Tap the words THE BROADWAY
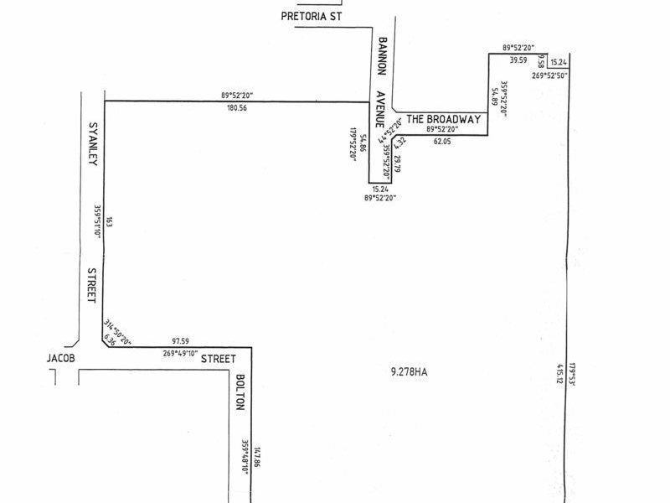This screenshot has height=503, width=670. (444, 119)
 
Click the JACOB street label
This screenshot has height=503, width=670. (61, 358)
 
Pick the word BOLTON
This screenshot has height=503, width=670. (239, 392)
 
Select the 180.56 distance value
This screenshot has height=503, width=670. (236, 108)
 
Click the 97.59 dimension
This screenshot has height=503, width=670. (180, 340)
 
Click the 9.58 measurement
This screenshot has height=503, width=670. (542, 61)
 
